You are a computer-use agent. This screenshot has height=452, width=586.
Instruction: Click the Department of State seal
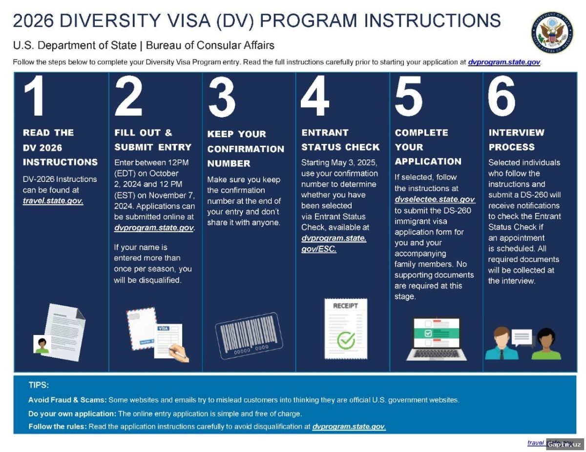[x=552, y=33]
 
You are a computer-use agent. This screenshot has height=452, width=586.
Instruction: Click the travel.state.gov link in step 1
[x=53, y=200]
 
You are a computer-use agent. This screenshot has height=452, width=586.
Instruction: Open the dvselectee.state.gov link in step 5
[x=435, y=199]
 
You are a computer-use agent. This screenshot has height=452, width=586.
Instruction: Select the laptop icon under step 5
[x=436, y=338]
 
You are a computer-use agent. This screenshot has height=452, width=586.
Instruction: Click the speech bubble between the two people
[x=522, y=337]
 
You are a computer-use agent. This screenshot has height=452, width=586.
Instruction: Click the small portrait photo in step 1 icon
[x=42, y=344]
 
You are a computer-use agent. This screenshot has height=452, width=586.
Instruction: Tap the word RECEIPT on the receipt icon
[x=345, y=306]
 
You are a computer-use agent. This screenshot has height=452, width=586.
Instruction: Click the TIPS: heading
[x=39, y=385]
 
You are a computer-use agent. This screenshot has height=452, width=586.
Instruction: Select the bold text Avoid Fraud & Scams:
[x=67, y=400]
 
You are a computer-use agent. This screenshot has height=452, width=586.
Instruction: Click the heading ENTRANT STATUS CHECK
[x=340, y=139]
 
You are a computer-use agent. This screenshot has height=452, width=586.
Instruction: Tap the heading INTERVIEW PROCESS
[x=516, y=139]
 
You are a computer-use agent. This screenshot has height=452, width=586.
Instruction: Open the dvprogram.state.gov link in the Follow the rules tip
[x=349, y=427]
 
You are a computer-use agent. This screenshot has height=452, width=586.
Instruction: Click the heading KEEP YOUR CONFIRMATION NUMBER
[x=246, y=149]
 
